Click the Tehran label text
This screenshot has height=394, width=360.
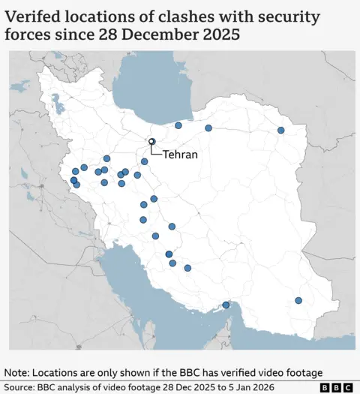coord(180,155)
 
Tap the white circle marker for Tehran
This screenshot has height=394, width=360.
coord(151,141)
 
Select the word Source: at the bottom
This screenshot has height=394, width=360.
coord(22,387)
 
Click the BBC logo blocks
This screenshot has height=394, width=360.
coord(336,387)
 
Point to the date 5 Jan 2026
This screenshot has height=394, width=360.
coord(253,387)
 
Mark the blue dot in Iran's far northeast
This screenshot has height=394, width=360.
coord(281,130)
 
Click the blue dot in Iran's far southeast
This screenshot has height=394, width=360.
coord(298,300)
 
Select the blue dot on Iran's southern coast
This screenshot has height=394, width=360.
coord(226,305)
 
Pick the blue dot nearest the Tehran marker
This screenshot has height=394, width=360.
coord(145,161)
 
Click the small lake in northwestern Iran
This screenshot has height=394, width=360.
coord(56,99)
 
